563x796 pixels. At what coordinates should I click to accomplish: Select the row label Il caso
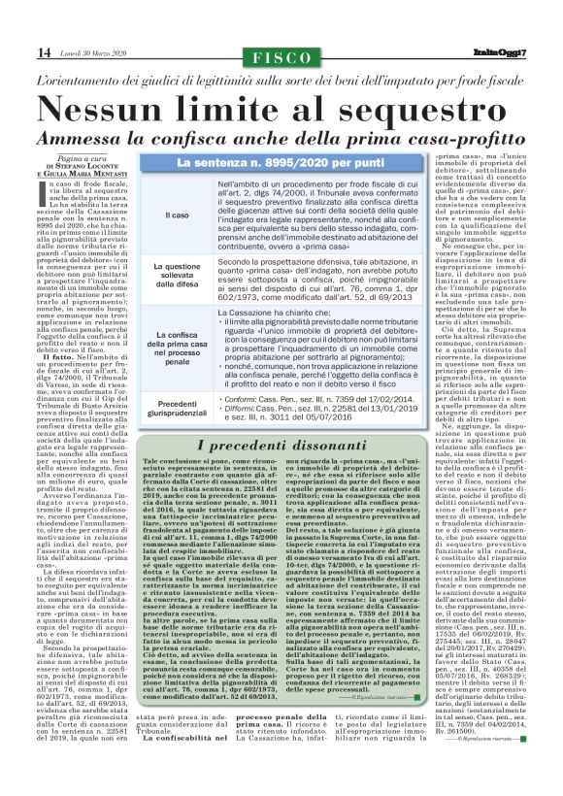coord(178,215)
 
